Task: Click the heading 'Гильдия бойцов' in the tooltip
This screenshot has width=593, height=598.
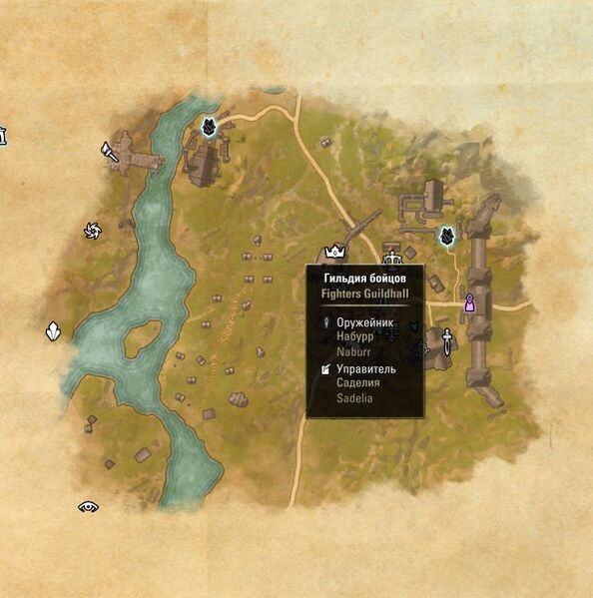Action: (x=365, y=278)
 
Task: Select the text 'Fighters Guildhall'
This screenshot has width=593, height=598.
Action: (x=365, y=295)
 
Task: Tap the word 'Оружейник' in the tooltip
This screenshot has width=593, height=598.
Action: (x=366, y=322)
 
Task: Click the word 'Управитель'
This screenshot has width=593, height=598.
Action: (x=366, y=369)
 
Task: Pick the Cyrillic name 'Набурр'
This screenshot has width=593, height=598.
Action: (x=355, y=336)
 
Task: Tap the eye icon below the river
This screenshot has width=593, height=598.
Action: (x=89, y=507)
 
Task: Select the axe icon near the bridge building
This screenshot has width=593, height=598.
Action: (x=109, y=152)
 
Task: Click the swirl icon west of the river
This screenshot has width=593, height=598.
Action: (x=93, y=232)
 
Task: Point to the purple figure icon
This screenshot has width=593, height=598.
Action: (x=469, y=303)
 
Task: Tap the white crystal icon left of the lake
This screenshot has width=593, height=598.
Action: (x=52, y=331)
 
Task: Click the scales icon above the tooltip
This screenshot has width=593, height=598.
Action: (x=392, y=250)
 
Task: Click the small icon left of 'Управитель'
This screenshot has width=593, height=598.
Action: (x=325, y=369)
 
